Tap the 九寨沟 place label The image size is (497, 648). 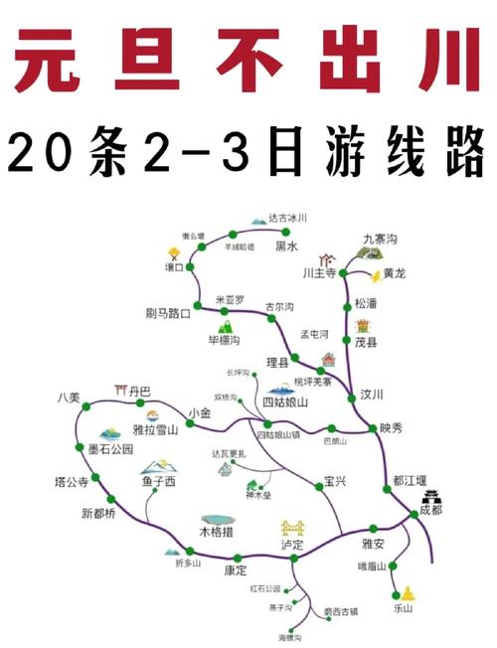(380, 239)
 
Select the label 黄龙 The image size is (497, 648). (395, 273)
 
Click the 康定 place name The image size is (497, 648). (236, 570)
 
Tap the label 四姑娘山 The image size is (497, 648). (285, 402)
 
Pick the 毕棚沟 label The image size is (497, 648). (226, 340)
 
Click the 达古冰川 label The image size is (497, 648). (288, 217)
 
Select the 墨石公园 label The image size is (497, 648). (110, 448)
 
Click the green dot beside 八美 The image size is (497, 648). (85, 406)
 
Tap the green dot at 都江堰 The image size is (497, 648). (387, 488)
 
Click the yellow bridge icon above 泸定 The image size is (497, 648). (291, 526)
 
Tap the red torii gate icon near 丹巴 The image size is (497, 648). (121, 390)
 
